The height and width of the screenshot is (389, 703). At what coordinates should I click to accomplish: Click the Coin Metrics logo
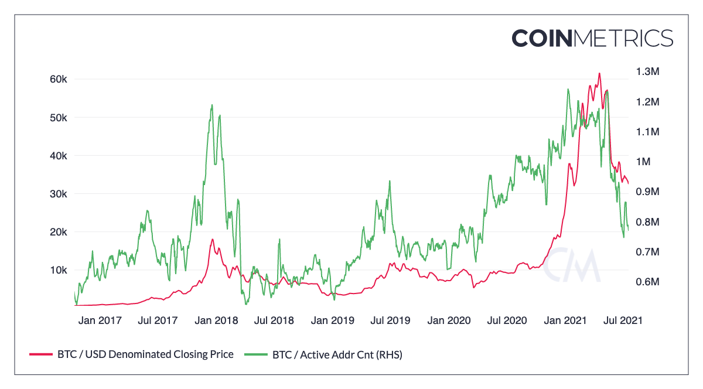pos(592,38)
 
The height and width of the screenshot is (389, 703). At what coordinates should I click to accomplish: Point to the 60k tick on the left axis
pos(59,79)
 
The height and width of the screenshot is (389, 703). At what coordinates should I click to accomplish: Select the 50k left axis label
pos(59,117)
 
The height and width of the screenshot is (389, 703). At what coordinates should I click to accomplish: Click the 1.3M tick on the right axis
pos(647,71)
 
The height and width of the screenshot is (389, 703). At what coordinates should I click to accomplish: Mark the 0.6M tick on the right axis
pos(647,282)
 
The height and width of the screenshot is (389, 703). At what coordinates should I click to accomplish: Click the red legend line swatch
pos(40,354)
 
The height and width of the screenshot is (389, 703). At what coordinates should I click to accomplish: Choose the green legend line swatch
pos(255,354)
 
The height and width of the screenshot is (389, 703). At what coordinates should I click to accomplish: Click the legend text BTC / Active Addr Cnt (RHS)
pos(337,354)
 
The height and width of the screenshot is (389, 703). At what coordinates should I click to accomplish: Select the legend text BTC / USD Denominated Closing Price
pos(145,354)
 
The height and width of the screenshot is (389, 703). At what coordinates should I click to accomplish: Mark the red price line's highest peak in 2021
pos(599,74)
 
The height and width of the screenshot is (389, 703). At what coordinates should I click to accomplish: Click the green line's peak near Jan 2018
pos(212,105)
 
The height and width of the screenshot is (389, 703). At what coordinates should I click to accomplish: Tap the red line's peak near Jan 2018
pos(213,239)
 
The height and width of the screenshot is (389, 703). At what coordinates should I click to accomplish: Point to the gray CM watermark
pos(571,265)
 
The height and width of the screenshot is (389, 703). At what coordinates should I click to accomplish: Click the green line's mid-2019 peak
pos(390,181)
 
